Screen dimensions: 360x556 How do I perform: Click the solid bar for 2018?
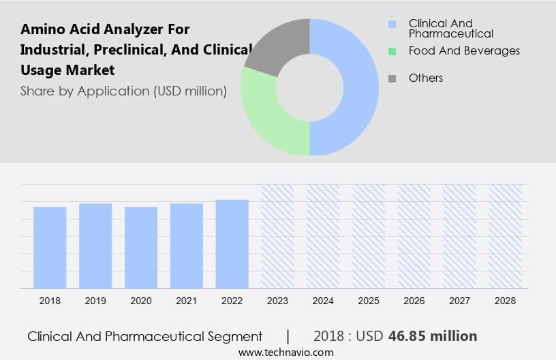(50, 247)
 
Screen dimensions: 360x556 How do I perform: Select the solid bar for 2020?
(141, 247)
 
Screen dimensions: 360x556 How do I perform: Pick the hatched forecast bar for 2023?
(278, 236)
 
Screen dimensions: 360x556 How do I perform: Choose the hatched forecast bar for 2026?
(414, 236)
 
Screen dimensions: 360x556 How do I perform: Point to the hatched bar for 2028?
(506, 236)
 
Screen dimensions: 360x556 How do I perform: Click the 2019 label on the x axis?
(95, 301)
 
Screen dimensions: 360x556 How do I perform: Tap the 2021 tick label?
(187, 301)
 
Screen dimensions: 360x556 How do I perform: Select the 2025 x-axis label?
(369, 301)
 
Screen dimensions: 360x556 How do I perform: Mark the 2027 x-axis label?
(460, 301)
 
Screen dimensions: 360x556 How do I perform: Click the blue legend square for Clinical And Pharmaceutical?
(392, 24)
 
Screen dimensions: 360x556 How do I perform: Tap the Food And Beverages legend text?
(464, 50)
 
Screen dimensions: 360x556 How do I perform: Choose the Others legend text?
(426, 78)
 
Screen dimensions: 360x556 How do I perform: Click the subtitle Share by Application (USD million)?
(123, 91)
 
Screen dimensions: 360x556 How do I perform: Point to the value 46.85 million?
(433, 336)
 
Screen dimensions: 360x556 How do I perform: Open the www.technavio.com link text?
(285, 352)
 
